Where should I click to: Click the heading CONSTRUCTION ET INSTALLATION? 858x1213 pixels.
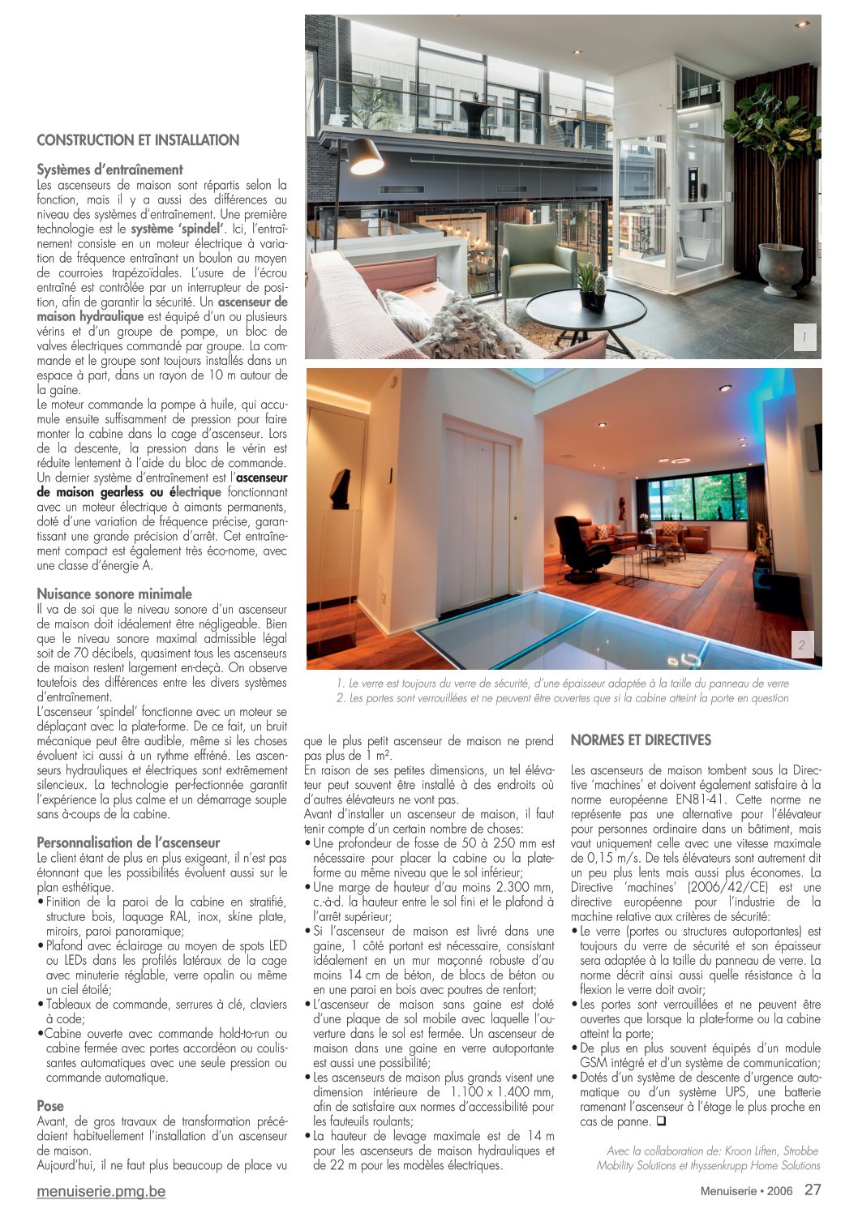(x=138, y=140)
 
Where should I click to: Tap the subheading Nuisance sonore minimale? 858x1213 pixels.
(x=114, y=594)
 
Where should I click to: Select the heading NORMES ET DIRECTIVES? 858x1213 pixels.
(x=641, y=739)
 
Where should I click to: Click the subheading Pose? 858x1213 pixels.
(x=50, y=1105)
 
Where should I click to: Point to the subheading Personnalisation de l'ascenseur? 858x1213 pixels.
(x=128, y=842)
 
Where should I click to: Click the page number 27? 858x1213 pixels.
(x=813, y=1190)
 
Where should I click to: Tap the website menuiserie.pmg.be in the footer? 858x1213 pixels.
(x=101, y=1191)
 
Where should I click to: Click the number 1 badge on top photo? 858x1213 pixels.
(x=804, y=337)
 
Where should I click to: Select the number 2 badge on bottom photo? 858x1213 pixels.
(x=801, y=645)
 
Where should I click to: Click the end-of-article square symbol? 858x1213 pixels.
(x=661, y=1121)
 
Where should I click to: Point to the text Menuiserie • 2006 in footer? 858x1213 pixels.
(x=747, y=1191)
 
